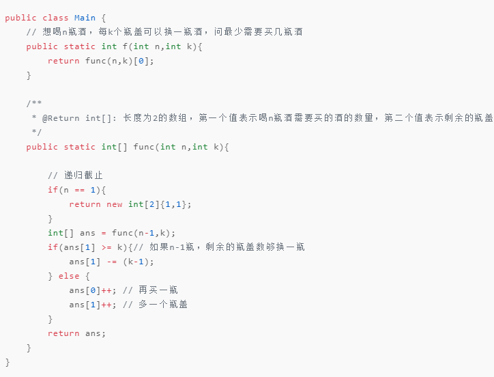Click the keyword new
[114, 204]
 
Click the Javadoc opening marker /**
[34, 104]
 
